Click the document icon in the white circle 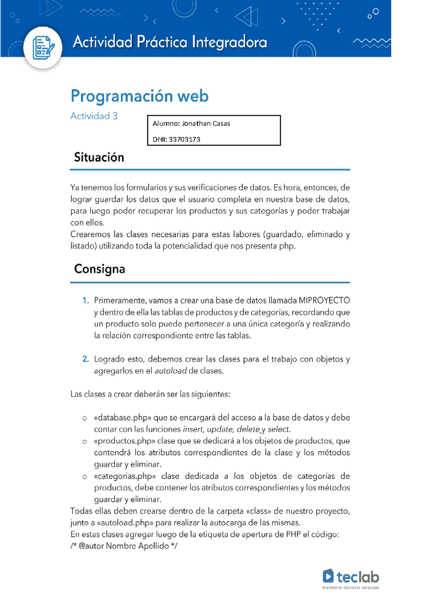pos(43,47)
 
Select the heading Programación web pos(140,96)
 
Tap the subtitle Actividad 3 pos(94,116)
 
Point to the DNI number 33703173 pos(184,139)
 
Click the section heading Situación pos(99,157)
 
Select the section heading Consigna pos(100,269)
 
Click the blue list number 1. pos(86,301)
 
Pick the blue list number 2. pos(86,359)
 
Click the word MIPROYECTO pos(324,301)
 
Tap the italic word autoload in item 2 pos(171,371)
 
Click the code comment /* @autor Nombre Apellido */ pos(124,546)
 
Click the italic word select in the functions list pos(279,429)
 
